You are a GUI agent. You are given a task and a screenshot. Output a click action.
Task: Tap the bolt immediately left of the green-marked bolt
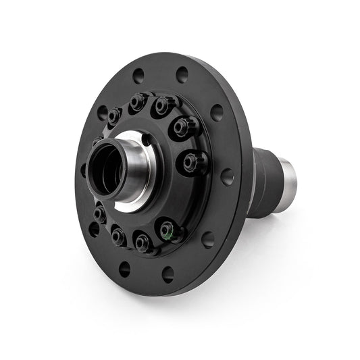point(143,241)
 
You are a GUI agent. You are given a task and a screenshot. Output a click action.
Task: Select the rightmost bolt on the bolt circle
point(191,161)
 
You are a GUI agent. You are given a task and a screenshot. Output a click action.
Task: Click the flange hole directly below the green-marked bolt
point(168,273)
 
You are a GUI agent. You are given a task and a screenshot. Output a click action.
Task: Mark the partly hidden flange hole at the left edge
point(84,169)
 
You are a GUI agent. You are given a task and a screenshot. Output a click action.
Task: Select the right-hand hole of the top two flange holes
point(182,74)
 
